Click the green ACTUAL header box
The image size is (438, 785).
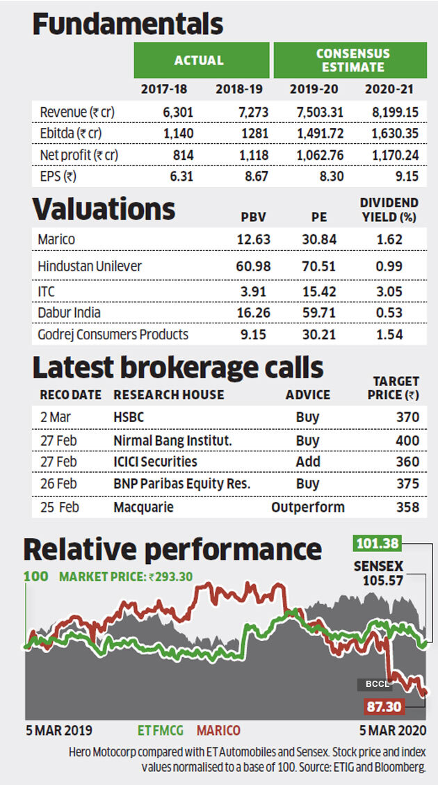point(201,60)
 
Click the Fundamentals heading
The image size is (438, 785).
point(127,24)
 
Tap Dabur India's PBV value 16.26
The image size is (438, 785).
point(253,313)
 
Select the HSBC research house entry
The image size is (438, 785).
point(130,417)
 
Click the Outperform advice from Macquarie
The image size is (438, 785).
point(308,506)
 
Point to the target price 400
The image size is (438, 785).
point(407,439)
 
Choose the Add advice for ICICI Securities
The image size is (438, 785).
point(307,462)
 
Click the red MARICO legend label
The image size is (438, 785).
point(218,730)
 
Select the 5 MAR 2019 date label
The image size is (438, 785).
point(59,730)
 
